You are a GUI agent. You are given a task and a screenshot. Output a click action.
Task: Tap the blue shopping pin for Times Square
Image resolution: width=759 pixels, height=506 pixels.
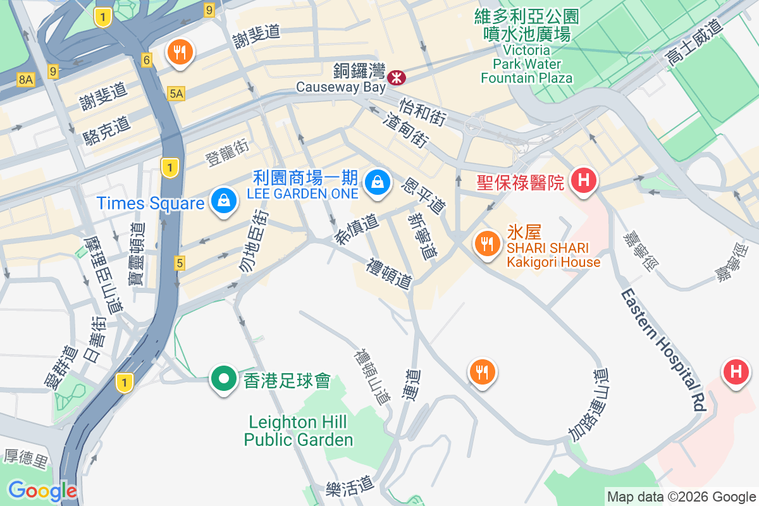[x=223, y=201]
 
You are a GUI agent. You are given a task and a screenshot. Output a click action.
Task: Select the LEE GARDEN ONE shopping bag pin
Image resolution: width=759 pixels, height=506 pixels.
[x=378, y=181]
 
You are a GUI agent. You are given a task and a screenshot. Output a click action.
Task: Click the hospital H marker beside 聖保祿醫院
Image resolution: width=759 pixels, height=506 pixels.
[x=583, y=181]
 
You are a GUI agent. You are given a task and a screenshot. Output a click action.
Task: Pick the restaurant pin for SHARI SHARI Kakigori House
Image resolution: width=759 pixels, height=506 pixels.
[x=486, y=244]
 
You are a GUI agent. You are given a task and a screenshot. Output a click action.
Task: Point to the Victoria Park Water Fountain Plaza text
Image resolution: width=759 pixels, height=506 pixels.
[x=526, y=64]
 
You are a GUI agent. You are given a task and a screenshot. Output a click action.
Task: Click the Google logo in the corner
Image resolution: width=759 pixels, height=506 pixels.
[x=42, y=491]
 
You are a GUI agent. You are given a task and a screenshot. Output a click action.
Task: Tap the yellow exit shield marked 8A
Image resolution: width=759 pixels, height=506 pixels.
[x=25, y=79]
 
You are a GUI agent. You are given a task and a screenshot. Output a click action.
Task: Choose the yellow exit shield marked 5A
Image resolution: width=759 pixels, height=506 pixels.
[x=176, y=94]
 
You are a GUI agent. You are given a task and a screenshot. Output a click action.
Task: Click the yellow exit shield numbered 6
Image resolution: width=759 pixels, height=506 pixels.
[x=147, y=60]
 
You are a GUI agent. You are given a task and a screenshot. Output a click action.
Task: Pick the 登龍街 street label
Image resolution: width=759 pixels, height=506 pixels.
[x=228, y=152]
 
